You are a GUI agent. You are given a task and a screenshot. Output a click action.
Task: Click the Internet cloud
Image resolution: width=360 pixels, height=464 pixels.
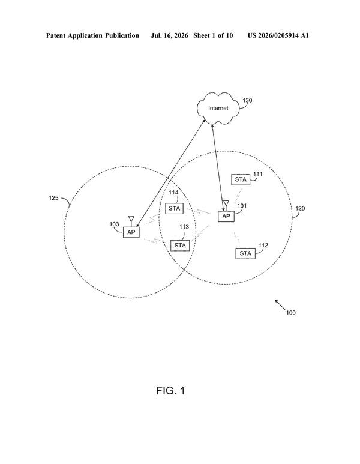(218, 108)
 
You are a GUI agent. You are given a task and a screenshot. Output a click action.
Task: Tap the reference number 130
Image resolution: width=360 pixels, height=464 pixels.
(247, 101)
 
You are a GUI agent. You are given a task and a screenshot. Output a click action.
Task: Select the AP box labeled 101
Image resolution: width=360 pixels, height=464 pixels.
(226, 216)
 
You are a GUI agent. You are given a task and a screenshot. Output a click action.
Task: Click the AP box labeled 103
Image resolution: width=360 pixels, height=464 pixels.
(131, 232)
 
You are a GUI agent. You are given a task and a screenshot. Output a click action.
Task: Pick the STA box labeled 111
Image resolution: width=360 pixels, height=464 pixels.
(241, 179)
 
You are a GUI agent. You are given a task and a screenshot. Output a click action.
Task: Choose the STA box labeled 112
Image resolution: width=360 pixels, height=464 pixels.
(245, 253)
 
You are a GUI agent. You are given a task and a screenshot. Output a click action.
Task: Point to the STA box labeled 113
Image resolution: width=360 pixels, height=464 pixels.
(180, 246)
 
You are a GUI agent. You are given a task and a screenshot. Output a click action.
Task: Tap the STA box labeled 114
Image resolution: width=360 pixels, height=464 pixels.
(174, 209)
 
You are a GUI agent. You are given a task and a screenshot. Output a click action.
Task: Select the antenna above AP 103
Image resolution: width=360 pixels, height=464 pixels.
(131, 221)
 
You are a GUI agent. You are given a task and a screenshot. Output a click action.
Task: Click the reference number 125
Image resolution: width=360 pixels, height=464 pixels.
(53, 197)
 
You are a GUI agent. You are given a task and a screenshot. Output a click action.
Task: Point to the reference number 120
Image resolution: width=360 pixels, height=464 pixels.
(300, 209)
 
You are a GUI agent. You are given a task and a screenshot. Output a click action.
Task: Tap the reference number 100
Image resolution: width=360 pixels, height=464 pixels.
(291, 313)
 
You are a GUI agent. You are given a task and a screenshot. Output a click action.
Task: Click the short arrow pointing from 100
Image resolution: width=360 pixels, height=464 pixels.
(280, 305)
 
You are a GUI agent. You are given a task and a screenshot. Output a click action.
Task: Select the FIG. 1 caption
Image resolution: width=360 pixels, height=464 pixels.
(170, 391)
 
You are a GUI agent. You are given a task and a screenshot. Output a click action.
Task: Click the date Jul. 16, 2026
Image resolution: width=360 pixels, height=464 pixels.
(169, 35)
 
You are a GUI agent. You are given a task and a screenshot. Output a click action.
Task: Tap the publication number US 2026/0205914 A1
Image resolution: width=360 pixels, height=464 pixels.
(278, 35)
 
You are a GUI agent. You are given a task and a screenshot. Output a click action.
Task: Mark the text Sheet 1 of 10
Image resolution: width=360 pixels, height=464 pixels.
(213, 35)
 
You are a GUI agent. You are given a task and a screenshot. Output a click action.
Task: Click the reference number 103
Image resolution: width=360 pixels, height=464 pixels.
(114, 224)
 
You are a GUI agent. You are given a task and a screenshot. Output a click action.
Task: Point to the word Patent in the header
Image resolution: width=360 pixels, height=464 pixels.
(56, 35)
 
